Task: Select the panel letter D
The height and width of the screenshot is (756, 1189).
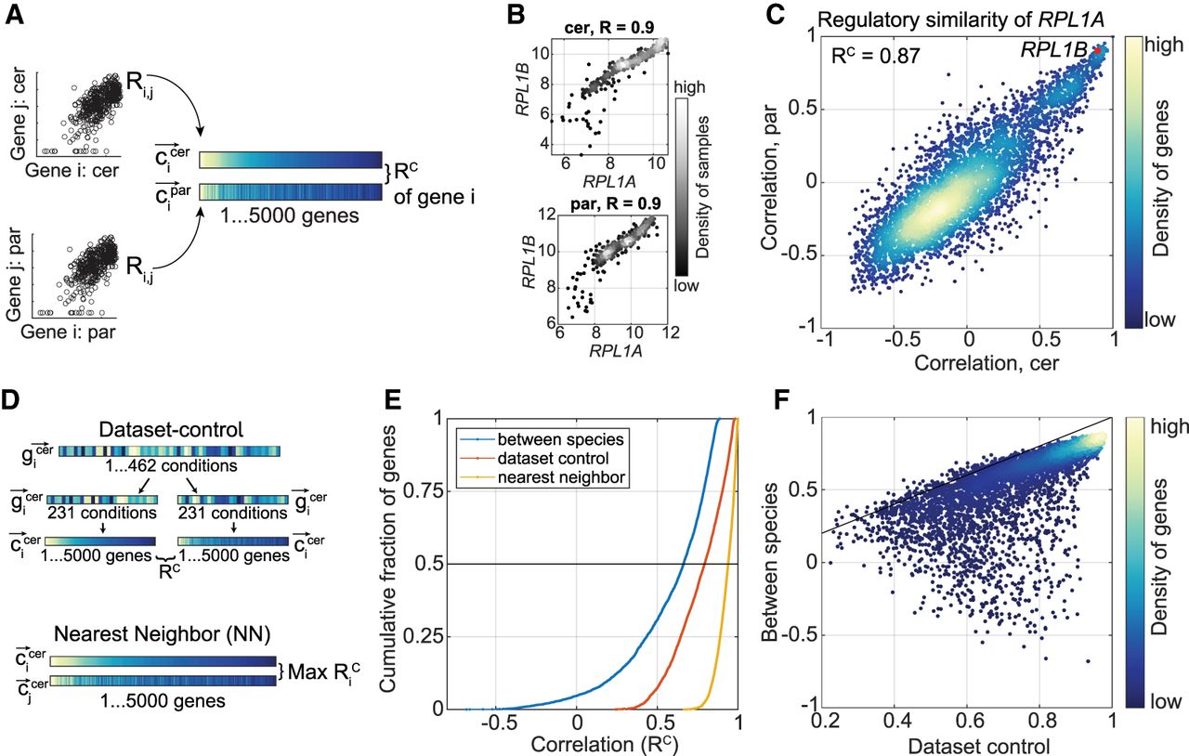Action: coord(14,401)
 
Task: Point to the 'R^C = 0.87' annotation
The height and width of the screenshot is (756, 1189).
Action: coord(876,56)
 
